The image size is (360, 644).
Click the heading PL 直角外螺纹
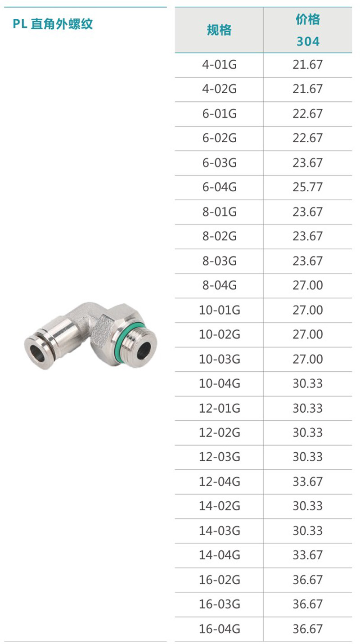coord(53,24)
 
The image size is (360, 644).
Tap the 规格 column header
coord(219,30)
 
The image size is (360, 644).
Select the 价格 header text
coord(308,19)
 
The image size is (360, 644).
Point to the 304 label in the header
coord(308,41)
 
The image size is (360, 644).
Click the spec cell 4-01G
coord(220,64)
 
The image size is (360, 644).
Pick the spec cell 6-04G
coord(220,187)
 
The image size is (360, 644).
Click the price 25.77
coord(308,187)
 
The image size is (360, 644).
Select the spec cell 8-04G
coord(220,285)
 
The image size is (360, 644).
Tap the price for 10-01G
coord(308,310)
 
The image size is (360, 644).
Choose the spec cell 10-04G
coord(220,383)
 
